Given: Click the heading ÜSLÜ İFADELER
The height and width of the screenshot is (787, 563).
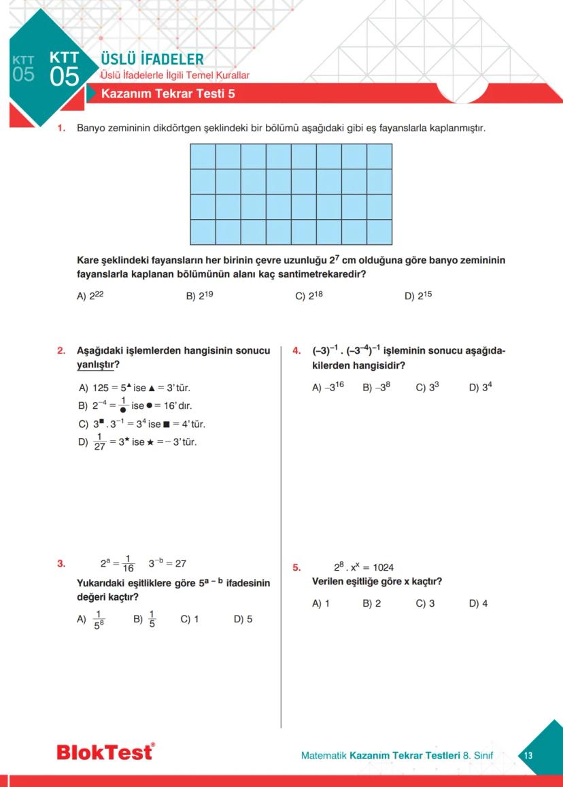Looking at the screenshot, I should [152, 59].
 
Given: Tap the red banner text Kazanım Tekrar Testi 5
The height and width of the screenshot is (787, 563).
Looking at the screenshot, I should [168, 94].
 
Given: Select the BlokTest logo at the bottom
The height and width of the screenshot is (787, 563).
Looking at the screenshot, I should [105, 752].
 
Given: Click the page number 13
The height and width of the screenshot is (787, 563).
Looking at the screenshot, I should [528, 756].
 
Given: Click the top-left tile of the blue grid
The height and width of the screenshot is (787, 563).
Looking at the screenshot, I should [203, 156].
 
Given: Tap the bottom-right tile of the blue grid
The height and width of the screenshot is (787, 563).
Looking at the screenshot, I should [379, 232].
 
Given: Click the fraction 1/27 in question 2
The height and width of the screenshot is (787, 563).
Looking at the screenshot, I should [99, 442].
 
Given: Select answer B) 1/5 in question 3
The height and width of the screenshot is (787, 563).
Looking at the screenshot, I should [144, 619].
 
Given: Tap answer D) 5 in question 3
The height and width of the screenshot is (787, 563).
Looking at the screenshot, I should [243, 619].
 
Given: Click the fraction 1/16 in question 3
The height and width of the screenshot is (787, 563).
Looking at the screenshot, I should [128, 563].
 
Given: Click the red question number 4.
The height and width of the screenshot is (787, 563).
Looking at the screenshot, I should [296, 351].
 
